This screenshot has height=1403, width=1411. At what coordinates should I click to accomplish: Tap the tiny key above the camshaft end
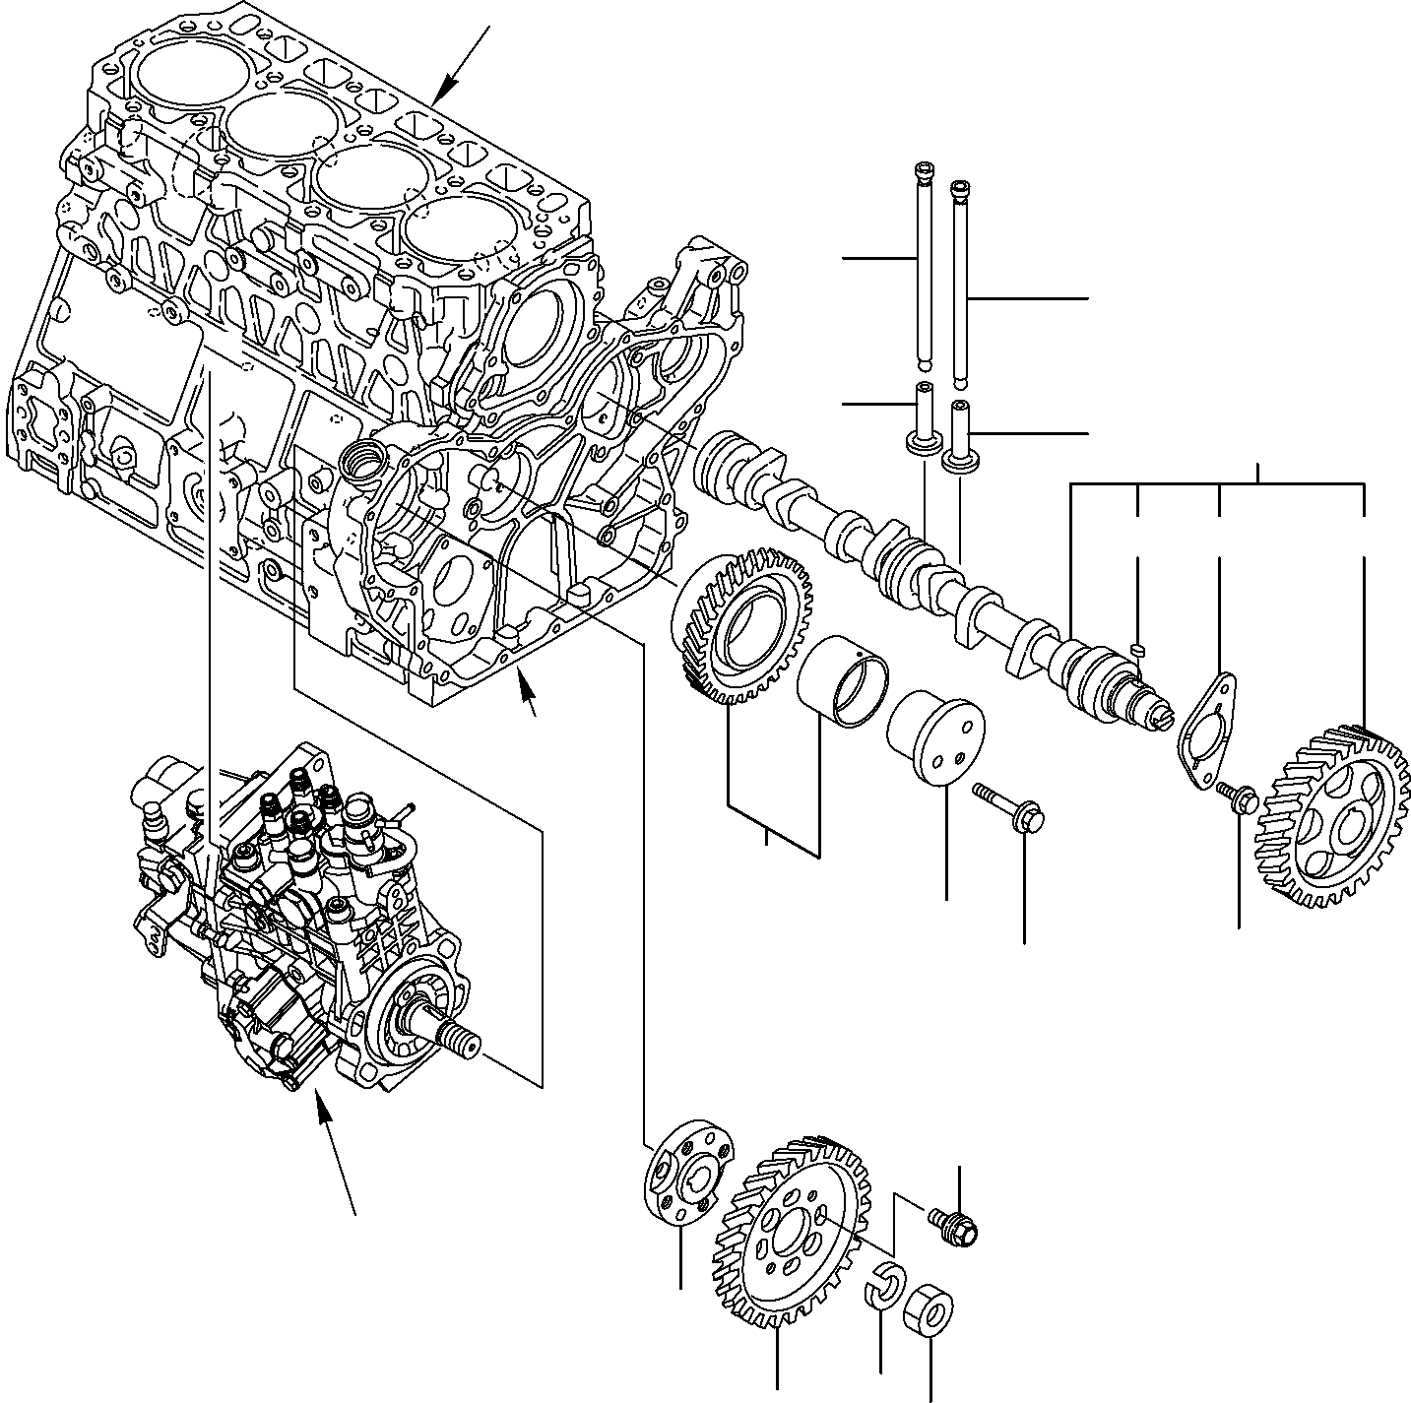coord(1137,648)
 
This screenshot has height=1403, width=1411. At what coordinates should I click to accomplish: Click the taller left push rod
coord(922,266)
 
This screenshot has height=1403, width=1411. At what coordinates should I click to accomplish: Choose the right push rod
coord(960,286)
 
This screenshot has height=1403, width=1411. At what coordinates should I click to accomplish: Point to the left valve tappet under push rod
coord(923,421)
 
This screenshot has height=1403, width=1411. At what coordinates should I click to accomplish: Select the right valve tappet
coord(961,435)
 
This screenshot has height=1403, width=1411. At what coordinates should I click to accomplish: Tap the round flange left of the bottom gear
coord(689,1172)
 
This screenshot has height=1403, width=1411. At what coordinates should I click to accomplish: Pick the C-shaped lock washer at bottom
coord(884,1289)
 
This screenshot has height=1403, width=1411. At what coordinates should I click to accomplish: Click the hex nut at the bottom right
coord(928,1307)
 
